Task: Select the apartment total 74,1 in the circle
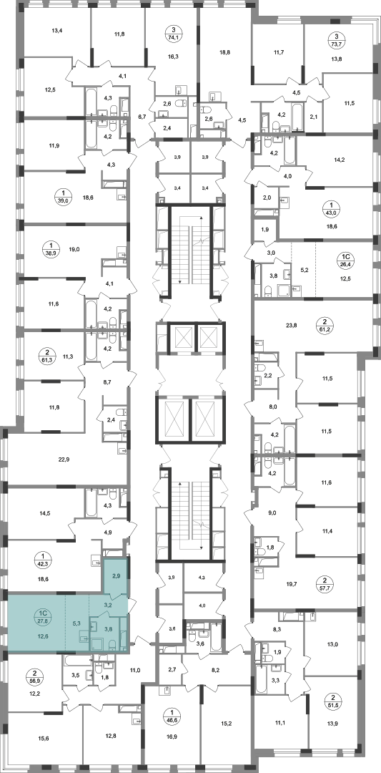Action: pyautogui.click(x=171, y=36)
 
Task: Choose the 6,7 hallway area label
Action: pyautogui.click(x=142, y=117)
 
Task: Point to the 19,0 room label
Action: pyautogui.click(x=74, y=250)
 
